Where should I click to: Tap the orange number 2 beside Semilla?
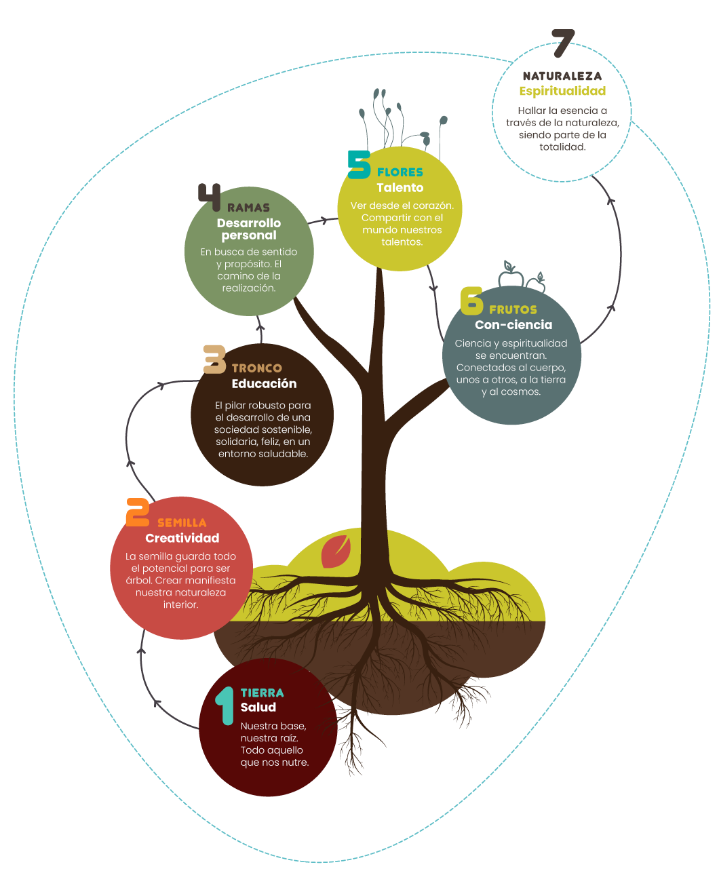[x=138, y=513]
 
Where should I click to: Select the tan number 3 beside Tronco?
[x=215, y=359]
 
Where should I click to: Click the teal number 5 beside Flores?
[x=359, y=164]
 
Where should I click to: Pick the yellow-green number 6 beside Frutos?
[x=471, y=301]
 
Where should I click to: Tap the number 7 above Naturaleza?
[x=562, y=44]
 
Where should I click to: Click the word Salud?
[x=258, y=707]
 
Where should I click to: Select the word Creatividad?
[x=182, y=538]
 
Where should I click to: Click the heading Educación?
[x=264, y=383]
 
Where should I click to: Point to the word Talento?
[x=400, y=188]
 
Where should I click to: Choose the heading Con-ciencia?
[x=513, y=325]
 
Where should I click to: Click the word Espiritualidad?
[x=562, y=91]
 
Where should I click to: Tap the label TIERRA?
[x=263, y=693]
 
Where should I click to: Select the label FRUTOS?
[x=513, y=310]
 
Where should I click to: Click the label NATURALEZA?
[x=562, y=76]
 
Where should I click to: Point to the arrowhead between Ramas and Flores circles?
[x=333, y=219]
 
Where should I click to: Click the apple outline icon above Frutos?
[x=511, y=275]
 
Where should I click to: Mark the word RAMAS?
[x=249, y=208]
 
